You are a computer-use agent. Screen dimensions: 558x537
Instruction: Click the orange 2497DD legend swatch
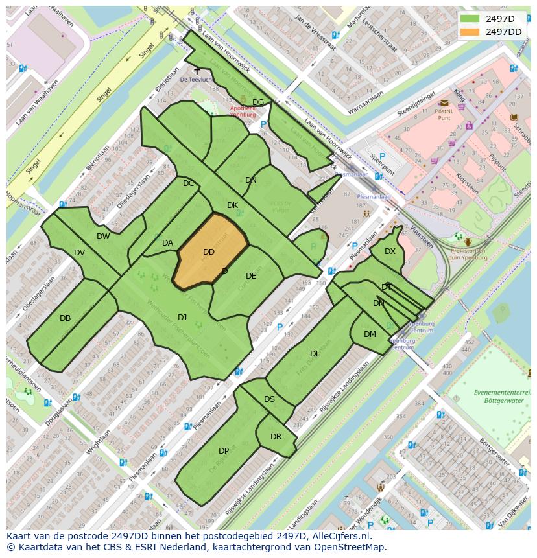point(470,32)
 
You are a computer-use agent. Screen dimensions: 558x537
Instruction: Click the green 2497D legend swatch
point(470,18)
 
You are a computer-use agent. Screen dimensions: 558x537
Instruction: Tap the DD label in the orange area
point(208,252)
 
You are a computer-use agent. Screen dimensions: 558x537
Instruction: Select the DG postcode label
point(258,102)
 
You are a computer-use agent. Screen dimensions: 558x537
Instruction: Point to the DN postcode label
point(251,180)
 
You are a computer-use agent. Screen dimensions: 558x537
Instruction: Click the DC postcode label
point(188,183)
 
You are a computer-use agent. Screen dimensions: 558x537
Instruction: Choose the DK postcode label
point(232,205)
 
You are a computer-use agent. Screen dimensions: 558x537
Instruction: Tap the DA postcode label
point(167,243)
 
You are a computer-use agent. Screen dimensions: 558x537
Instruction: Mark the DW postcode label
point(103,237)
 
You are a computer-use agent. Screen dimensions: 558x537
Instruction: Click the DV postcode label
point(79,253)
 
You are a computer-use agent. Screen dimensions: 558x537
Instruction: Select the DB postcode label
point(65,318)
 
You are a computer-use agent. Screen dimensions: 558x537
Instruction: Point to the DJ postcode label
point(182,317)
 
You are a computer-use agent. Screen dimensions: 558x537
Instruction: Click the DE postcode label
point(251,276)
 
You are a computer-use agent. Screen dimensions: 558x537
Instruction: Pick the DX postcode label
point(390,251)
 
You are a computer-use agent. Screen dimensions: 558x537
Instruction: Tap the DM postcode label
point(370,334)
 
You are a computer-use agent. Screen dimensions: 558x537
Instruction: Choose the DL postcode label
point(315,354)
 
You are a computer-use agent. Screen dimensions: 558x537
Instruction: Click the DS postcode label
point(269,399)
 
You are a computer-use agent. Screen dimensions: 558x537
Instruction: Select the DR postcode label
point(276,437)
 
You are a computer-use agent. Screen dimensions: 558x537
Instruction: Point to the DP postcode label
point(224,451)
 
